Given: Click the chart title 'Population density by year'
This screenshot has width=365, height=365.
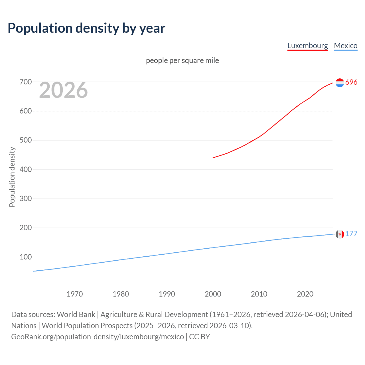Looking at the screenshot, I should click(86, 28).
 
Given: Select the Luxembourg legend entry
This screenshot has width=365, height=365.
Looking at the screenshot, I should click(307, 46).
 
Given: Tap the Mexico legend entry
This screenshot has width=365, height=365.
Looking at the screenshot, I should click(346, 46).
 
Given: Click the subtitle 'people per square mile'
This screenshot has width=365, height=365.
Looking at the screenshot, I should click(182, 60).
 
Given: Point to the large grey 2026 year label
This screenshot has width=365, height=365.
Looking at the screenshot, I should click(63, 90).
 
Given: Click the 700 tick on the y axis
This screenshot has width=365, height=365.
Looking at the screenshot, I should click(26, 82).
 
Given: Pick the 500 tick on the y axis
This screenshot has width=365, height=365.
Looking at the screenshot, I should click(26, 140).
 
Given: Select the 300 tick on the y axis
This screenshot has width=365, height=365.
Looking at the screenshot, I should click(26, 198).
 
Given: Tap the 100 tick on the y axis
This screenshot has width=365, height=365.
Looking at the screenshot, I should click(26, 257).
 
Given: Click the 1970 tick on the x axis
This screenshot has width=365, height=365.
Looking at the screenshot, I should click(75, 294).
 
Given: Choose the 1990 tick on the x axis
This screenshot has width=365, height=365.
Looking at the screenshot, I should click(167, 294).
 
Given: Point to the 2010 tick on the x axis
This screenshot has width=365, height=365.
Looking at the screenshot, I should click(259, 294).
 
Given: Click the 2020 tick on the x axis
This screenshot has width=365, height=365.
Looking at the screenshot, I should click(305, 294).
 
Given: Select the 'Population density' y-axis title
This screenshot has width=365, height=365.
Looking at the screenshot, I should click(12, 177).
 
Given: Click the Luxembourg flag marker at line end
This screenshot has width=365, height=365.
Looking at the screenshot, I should click(340, 83).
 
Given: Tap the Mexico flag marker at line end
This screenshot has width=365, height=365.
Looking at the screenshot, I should click(340, 234).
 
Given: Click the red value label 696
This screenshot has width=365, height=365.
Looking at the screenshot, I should click(351, 82).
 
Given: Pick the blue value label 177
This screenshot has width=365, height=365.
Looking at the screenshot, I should click(351, 234).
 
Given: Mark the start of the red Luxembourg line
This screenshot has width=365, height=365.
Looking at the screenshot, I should click(213, 158).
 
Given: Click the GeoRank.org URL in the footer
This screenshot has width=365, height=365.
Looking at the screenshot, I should click(98, 337).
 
